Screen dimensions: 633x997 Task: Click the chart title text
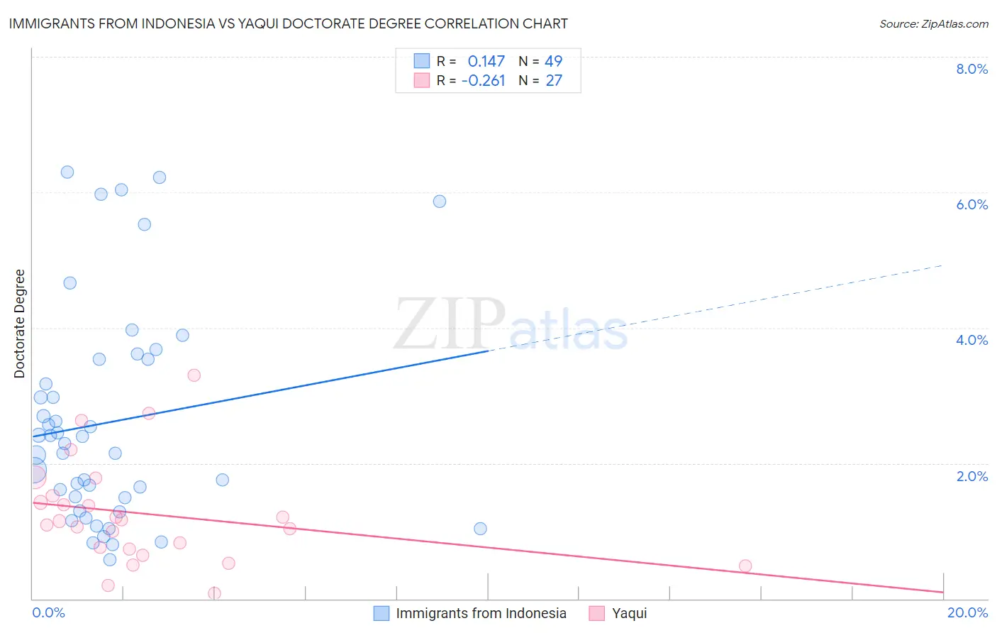288,23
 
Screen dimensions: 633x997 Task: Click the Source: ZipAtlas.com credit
933,23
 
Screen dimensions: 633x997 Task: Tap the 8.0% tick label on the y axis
971,69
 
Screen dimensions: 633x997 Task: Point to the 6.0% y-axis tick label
971,204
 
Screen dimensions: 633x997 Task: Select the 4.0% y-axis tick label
971,340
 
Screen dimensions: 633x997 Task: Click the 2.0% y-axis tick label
971,476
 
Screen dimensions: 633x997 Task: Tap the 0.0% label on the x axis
48,612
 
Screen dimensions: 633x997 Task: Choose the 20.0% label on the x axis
967,612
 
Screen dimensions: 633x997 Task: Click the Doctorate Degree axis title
20,324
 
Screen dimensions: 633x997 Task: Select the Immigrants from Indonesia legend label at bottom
481,613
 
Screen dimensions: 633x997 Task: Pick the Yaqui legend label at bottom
629,613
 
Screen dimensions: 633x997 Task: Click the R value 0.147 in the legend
486,62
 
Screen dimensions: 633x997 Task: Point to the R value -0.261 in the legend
483,81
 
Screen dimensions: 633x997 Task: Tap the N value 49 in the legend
553,62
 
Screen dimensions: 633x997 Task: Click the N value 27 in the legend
553,81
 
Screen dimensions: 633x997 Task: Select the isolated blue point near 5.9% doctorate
440,202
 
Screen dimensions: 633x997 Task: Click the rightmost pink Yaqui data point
745,566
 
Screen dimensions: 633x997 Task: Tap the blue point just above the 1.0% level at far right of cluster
480,529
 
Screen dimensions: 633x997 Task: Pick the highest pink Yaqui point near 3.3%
194,375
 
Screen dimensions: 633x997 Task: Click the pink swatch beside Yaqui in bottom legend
597,613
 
